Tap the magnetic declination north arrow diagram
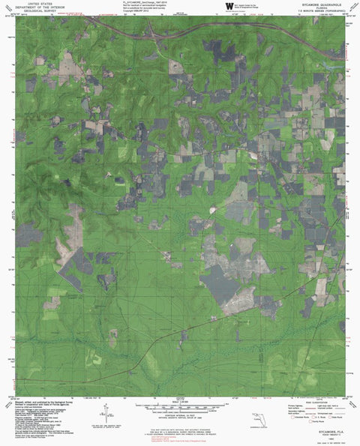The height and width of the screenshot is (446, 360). [139, 412]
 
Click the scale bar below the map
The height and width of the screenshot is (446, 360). [180, 409]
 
